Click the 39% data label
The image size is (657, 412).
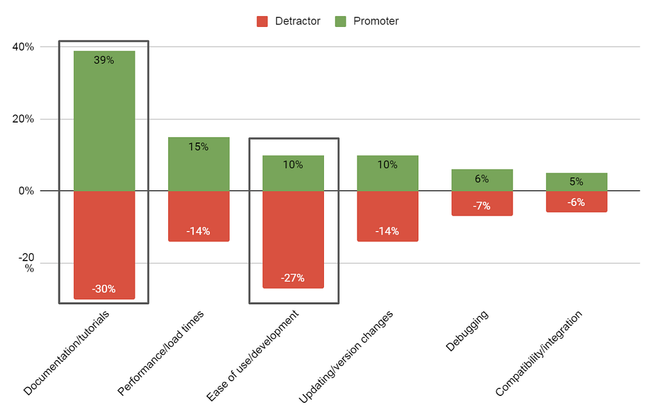click(104, 60)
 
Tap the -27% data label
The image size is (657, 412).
click(293, 278)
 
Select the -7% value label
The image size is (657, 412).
click(482, 206)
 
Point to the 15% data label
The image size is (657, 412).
click(199, 147)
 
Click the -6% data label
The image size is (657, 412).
click(576, 202)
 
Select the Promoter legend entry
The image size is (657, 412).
click(367, 21)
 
